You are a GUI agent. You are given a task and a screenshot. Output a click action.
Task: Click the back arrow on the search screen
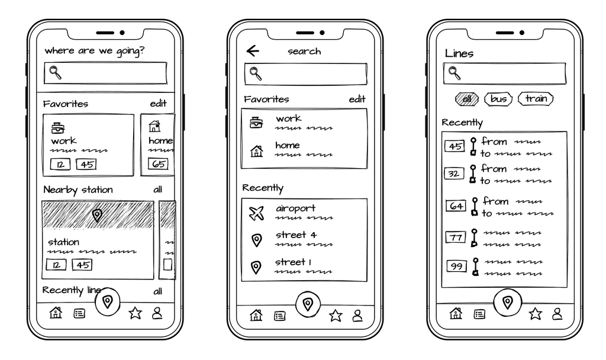click(x=253, y=52)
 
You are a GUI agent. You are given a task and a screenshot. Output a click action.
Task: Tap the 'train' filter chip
click(x=536, y=99)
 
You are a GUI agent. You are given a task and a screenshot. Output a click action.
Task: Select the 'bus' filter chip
click(x=498, y=99)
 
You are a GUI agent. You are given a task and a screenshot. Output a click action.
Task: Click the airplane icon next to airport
click(x=256, y=213)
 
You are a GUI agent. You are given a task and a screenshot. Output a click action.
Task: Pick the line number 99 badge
click(x=456, y=265)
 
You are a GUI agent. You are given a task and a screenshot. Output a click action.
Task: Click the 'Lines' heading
click(x=459, y=53)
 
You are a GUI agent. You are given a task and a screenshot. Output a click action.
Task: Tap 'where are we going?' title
click(x=94, y=52)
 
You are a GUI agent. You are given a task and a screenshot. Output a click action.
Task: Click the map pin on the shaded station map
click(x=98, y=216)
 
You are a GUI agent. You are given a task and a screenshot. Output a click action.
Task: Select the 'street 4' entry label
click(x=296, y=235)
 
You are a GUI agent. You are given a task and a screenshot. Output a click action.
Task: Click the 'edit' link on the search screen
click(x=357, y=99)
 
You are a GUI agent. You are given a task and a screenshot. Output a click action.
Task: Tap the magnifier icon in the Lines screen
click(x=454, y=73)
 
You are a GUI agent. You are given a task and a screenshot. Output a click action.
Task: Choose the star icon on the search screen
click(x=336, y=316)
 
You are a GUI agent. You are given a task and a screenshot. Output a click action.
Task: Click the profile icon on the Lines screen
click(x=557, y=314)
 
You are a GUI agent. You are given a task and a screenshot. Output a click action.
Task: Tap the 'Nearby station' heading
click(x=78, y=190)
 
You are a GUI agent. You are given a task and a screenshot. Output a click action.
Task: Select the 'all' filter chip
click(x=466, y=99)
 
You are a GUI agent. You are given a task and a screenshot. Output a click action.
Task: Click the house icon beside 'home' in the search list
click(x=256, y=151)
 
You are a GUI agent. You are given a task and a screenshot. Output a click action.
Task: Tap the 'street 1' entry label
click(x=294, y=262)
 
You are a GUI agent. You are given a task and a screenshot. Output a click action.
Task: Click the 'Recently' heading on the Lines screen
click(x=462, y=123)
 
